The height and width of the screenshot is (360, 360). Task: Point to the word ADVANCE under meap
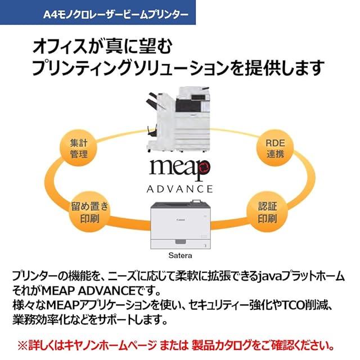click(x=179, y=188)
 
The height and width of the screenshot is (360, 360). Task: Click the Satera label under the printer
click(x=181, y=254)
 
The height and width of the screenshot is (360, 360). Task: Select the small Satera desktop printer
click(x=181, y=225)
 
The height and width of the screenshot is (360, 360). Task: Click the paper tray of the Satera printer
click(x=180, y=241)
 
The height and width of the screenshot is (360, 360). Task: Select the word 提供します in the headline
click(x=285, y=67)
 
